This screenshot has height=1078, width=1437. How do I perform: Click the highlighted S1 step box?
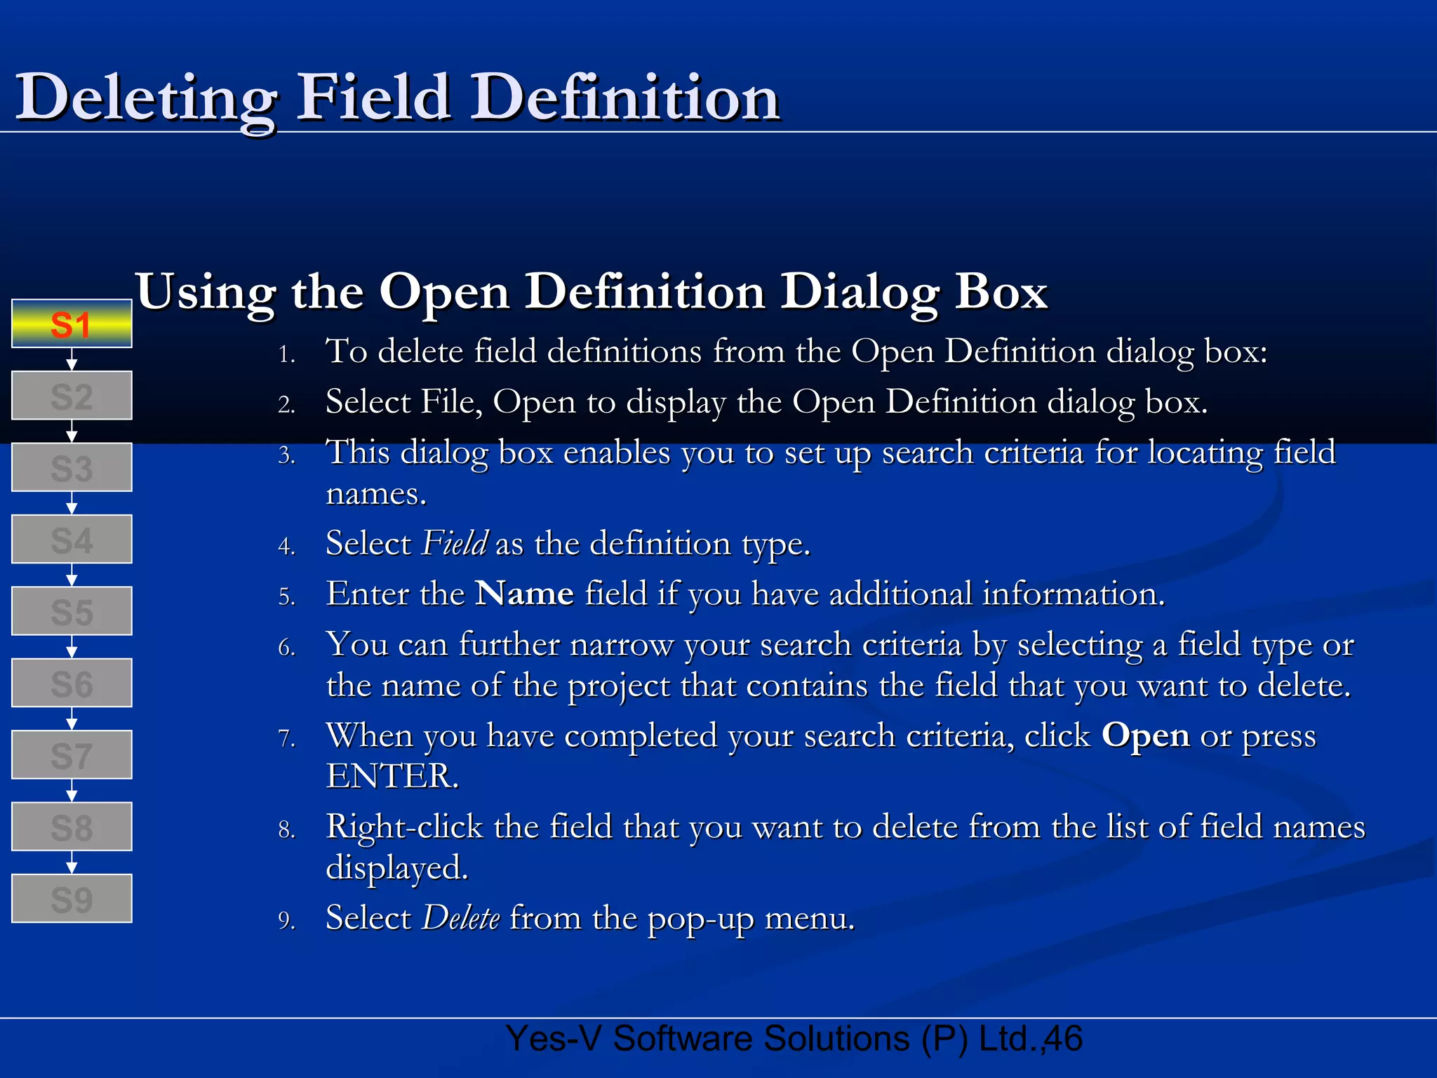coord(71,324)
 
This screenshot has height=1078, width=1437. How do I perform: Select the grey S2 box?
coord(71,396)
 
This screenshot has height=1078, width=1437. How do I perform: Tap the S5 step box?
coord(71,611)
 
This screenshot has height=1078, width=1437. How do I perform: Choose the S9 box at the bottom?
coord(71,898)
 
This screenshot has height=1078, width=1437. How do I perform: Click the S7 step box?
coord(71,755)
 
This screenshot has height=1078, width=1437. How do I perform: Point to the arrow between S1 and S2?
coord(71,360)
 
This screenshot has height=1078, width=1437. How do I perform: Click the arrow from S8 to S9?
coord(71,863)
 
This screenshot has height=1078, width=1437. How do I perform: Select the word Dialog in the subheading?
coord(860,292)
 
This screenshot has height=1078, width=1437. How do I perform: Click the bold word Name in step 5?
coord(524,594)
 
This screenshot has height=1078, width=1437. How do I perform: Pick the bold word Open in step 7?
coord(1145,736)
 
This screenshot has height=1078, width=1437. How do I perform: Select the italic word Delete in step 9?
coord(460,918)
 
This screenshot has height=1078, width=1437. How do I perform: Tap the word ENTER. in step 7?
coord(392,776)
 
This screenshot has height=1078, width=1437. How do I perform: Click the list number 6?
coord(286,647)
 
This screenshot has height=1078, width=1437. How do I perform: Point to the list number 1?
coord(286,354)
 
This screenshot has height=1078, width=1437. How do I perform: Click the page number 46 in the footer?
coord(1064,1039)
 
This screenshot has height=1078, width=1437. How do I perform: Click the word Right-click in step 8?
coord(404,827)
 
